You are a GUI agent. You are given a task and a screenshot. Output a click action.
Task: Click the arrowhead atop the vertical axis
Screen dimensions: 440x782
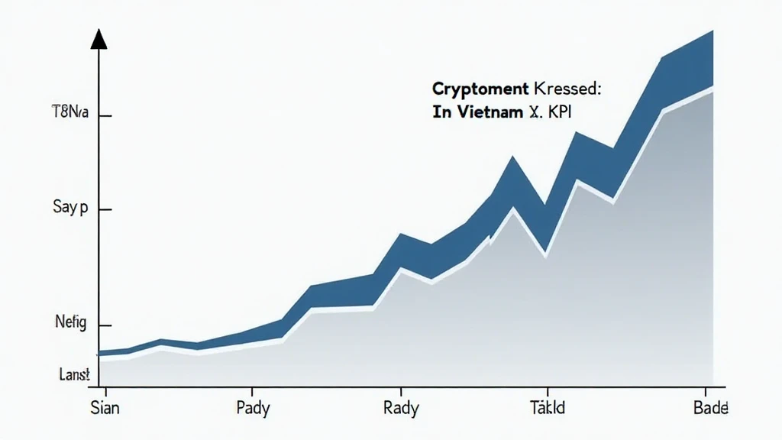(x=99, y=40)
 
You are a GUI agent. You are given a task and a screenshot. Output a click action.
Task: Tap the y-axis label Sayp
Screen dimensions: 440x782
(x=72, y=208)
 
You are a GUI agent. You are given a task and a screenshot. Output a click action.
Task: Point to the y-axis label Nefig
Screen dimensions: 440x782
(x=71, y=324)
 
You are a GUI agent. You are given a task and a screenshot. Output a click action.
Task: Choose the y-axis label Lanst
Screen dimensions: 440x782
(x=74, y=374)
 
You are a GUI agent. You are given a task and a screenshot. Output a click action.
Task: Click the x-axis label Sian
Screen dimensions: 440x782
(x=105, y=409)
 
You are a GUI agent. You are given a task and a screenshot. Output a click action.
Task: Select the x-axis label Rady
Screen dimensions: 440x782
(x=400, y=409)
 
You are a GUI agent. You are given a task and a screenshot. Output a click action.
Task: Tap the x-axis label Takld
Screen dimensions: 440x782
(x=548, y=409)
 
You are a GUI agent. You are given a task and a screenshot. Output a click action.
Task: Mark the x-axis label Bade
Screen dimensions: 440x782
(x=710, y=409)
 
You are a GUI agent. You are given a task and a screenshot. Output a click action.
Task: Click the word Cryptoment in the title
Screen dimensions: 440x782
(x=473, y=90)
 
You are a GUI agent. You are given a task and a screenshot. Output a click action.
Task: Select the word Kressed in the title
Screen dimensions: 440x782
(x=568, y=90)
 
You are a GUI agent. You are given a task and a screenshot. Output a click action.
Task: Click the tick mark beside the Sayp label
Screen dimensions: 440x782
(x=105, y=209)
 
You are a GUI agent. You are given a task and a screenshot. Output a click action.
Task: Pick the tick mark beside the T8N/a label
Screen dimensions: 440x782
(x=105, y=116)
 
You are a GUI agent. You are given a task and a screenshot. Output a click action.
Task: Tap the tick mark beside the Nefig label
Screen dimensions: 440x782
(x=105, y=325)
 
